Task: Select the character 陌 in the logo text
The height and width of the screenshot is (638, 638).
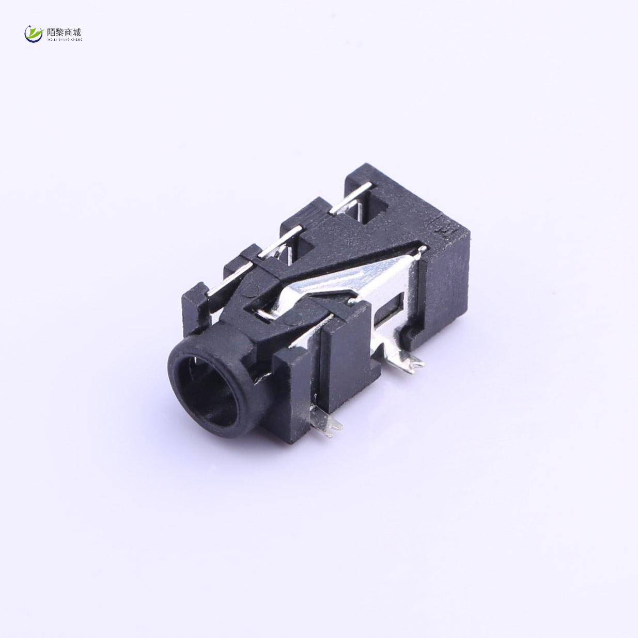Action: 51,32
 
